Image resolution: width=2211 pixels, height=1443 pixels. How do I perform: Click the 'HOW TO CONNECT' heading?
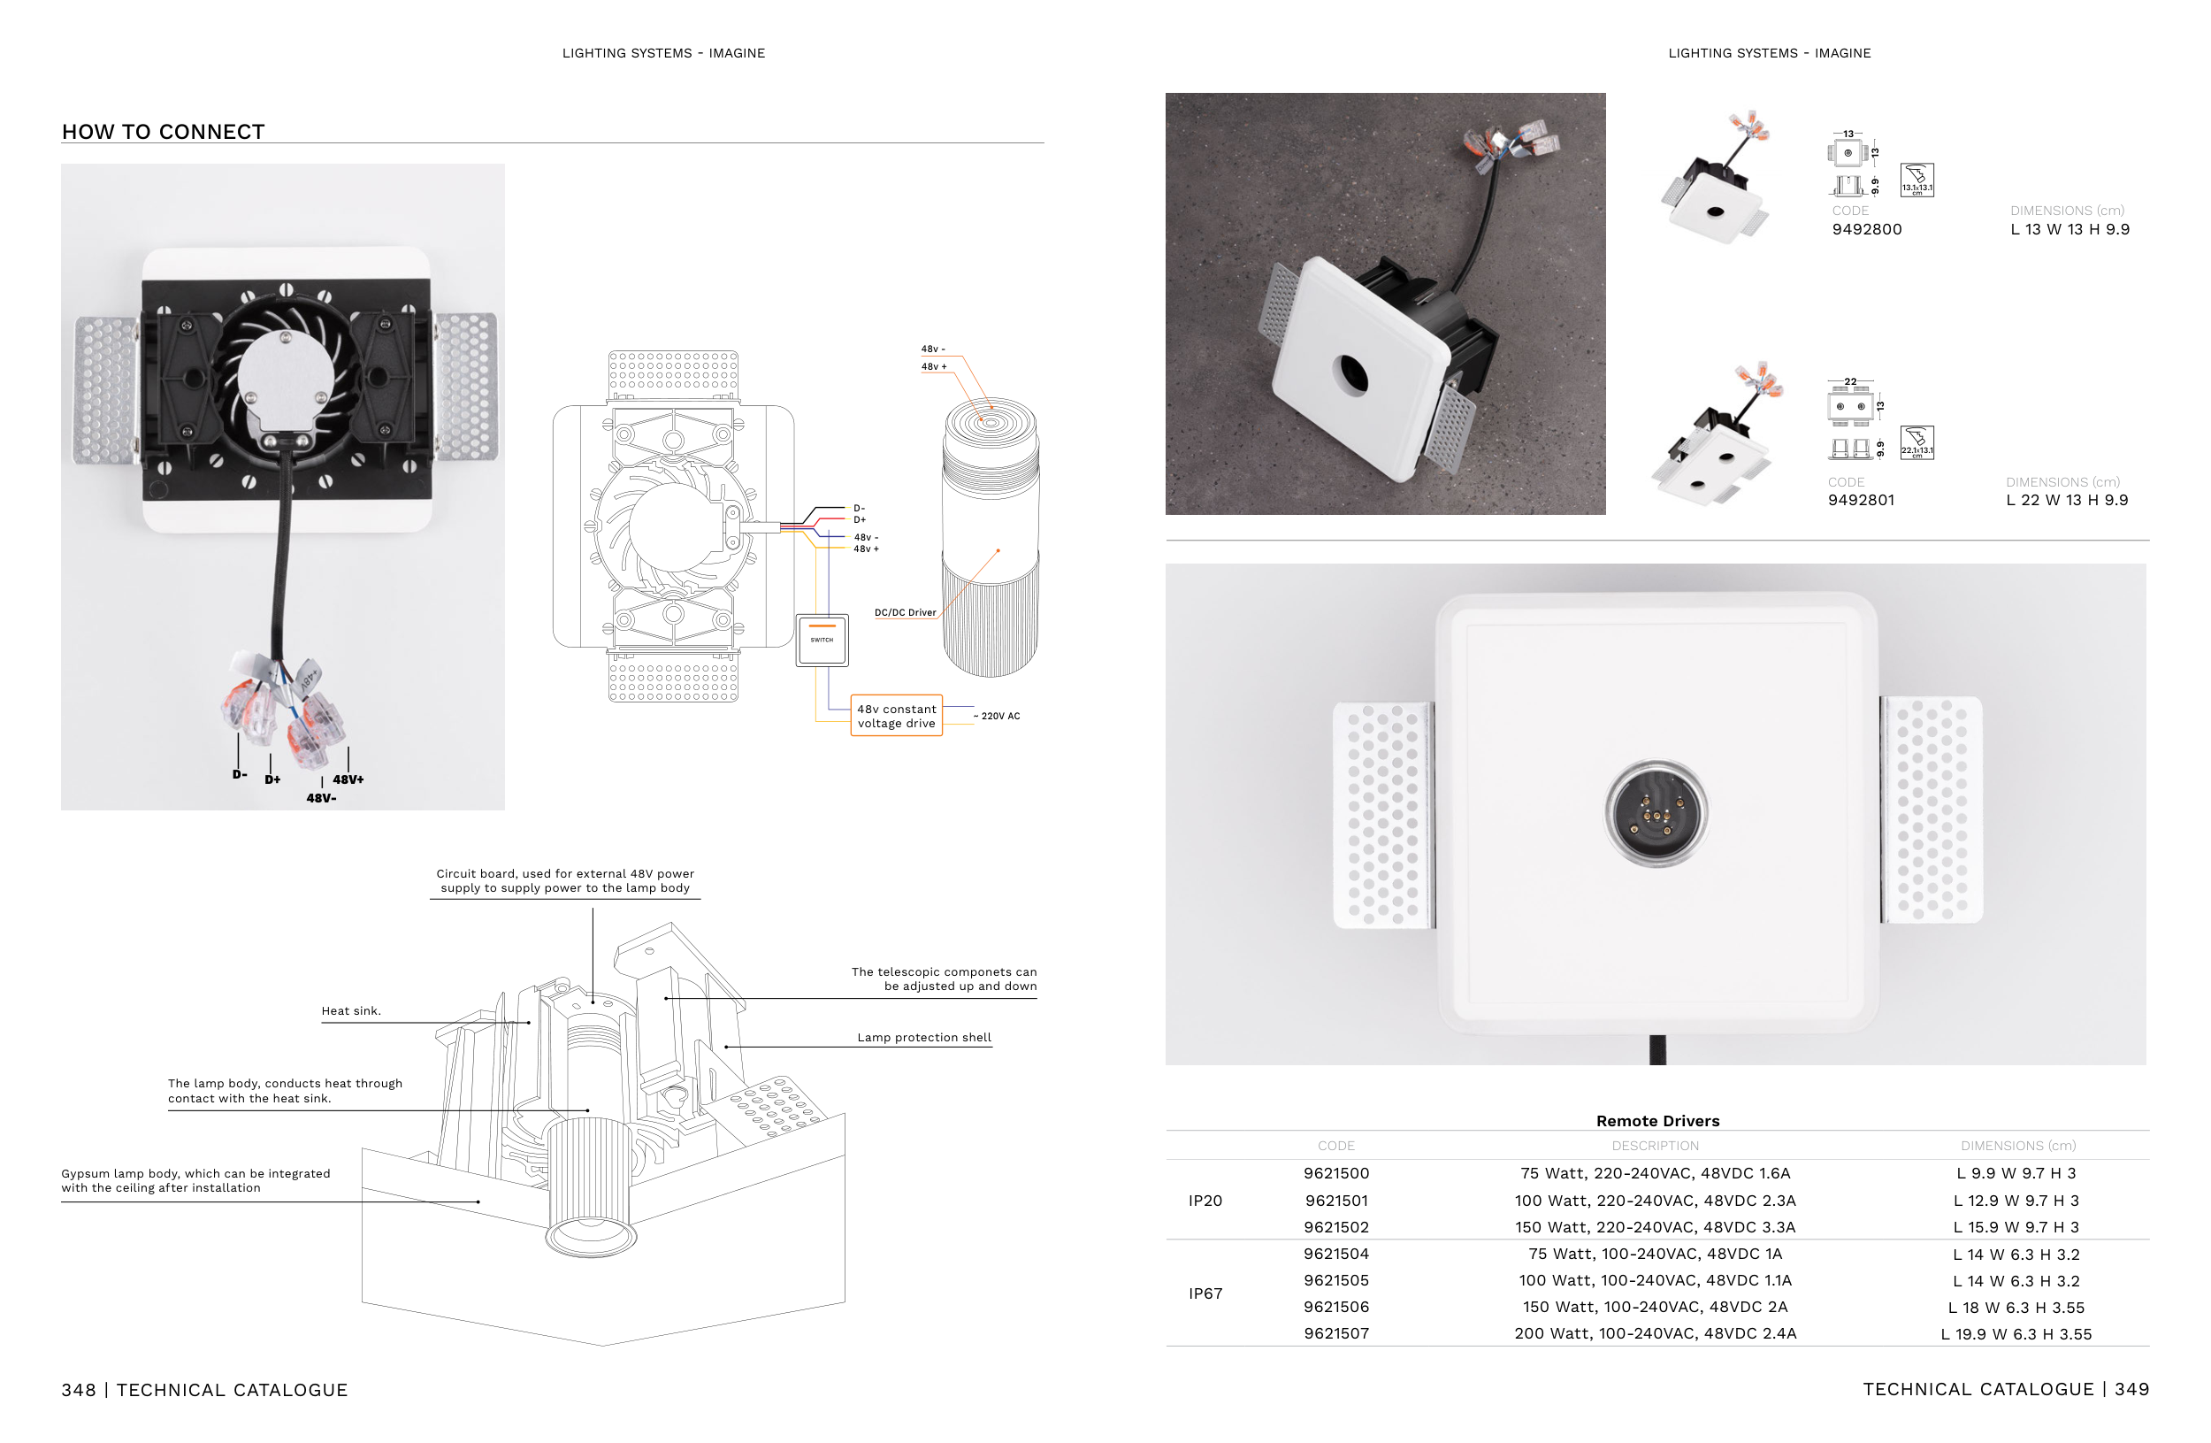pos(164,132)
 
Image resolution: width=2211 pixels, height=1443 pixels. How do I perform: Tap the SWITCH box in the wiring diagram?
pos(822,641)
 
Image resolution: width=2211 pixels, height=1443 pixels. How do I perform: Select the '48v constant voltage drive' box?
pos(897,717)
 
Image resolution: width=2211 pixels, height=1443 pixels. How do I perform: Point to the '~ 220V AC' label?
pos(997,717)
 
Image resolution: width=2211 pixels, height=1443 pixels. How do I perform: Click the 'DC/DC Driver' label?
pos(905,613)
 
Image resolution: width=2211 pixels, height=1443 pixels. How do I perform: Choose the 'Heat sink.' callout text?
pos(351,1011)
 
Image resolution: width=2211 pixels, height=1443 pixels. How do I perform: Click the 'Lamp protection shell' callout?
pos(923,1038)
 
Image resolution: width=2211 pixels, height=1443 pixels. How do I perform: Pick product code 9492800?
pos(1866,229)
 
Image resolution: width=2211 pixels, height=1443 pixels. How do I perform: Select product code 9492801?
pos(1861,500)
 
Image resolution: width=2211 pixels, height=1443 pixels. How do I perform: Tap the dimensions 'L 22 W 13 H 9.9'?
pos(2067,500)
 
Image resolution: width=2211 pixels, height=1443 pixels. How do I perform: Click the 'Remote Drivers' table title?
pos(1657,1121)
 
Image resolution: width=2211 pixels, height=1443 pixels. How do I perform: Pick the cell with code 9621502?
pos(1336,1227)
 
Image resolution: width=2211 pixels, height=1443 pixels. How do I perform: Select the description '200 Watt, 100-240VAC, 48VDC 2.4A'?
pos(1655,1333)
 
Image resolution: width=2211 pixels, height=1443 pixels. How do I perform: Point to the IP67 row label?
pos(1205,1293)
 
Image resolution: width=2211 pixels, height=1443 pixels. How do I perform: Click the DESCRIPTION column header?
pos(1655,1146)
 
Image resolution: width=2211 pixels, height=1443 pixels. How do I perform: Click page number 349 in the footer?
pos(2132,1389)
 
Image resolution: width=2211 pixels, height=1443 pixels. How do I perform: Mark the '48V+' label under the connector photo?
pos(348,779)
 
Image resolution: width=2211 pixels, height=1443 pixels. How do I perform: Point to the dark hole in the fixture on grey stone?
pos(1351,374)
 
